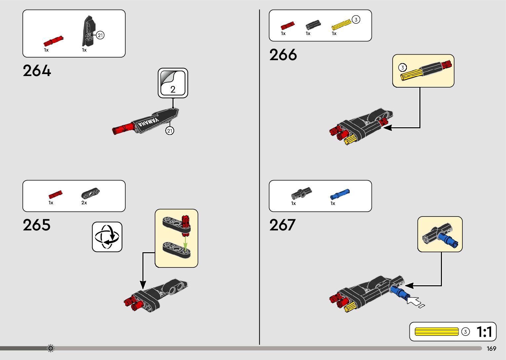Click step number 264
click(x=37, y=71)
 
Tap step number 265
click(x=37, y=225)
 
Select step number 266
click(x=283, y=55)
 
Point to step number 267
click(x=282, y=225)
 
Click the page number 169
click(x=491, y=349)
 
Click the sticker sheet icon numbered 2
click(x=173, y=83)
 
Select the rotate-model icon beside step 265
click(x=107, y=237)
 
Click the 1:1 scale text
click(x=484, y=332)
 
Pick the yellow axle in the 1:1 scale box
click(x=437, y=332)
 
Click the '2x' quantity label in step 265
click(x=84, y=203)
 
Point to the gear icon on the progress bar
click(x=51, y=348)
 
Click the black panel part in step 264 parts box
click(x=89, y=31)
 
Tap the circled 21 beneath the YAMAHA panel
click(x=170, y=131)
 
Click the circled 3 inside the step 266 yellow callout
click(x=402, y=68)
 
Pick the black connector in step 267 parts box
click(x=301, y=193)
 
